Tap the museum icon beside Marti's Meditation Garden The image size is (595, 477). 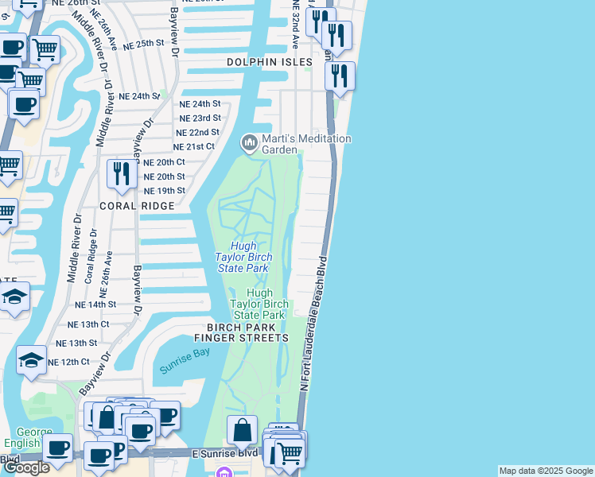[249, 143]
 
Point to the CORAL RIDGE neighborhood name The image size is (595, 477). [136, 205]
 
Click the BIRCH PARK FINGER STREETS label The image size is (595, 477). [247, 332]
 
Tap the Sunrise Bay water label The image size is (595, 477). [185, 362]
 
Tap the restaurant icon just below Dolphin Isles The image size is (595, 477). [340, 76]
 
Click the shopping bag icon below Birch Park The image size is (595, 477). [242, 430]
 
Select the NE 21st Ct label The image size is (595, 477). [194, 146]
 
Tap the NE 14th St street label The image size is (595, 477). [95, 304]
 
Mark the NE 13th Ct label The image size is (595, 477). [88, 324]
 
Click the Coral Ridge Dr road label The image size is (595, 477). [89, 255]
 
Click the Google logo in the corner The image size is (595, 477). [26, 467]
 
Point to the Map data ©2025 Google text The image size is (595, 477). [546, 471]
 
